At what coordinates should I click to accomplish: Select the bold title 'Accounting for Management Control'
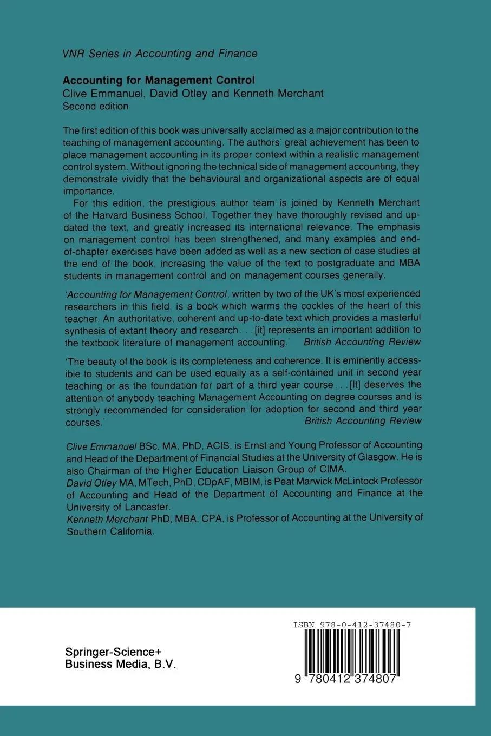point(159,80)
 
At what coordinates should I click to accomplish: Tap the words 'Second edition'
point(95,106)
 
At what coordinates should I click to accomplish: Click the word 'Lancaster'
point(147,507)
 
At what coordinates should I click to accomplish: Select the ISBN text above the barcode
point(352,625)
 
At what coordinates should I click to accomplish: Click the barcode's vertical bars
point(352,652)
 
